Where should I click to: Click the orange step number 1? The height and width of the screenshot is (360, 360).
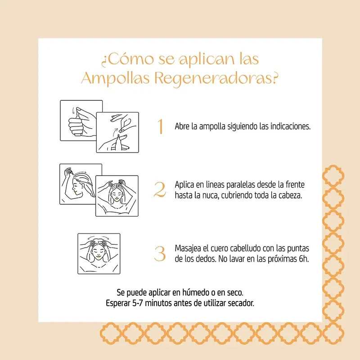pos(160,127)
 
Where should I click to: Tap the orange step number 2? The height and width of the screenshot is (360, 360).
pos(160,190)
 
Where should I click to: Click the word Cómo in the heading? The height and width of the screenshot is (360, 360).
pos(126,59)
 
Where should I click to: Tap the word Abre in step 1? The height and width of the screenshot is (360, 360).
pos(182,126)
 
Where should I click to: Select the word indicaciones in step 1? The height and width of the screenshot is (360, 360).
pos(289,126)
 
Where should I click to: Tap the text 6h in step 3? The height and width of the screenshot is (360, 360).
pos(304,260)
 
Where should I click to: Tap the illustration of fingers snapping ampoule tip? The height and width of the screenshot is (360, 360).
pos(117,132)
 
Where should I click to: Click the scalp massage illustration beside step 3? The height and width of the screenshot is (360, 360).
pos(99,254)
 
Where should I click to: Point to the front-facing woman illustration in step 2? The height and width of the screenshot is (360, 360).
pos(117,196)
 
